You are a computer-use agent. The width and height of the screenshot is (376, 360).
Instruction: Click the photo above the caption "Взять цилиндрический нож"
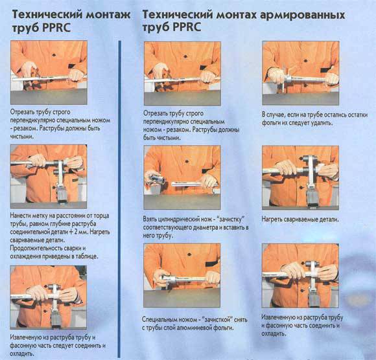coord(182,174)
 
